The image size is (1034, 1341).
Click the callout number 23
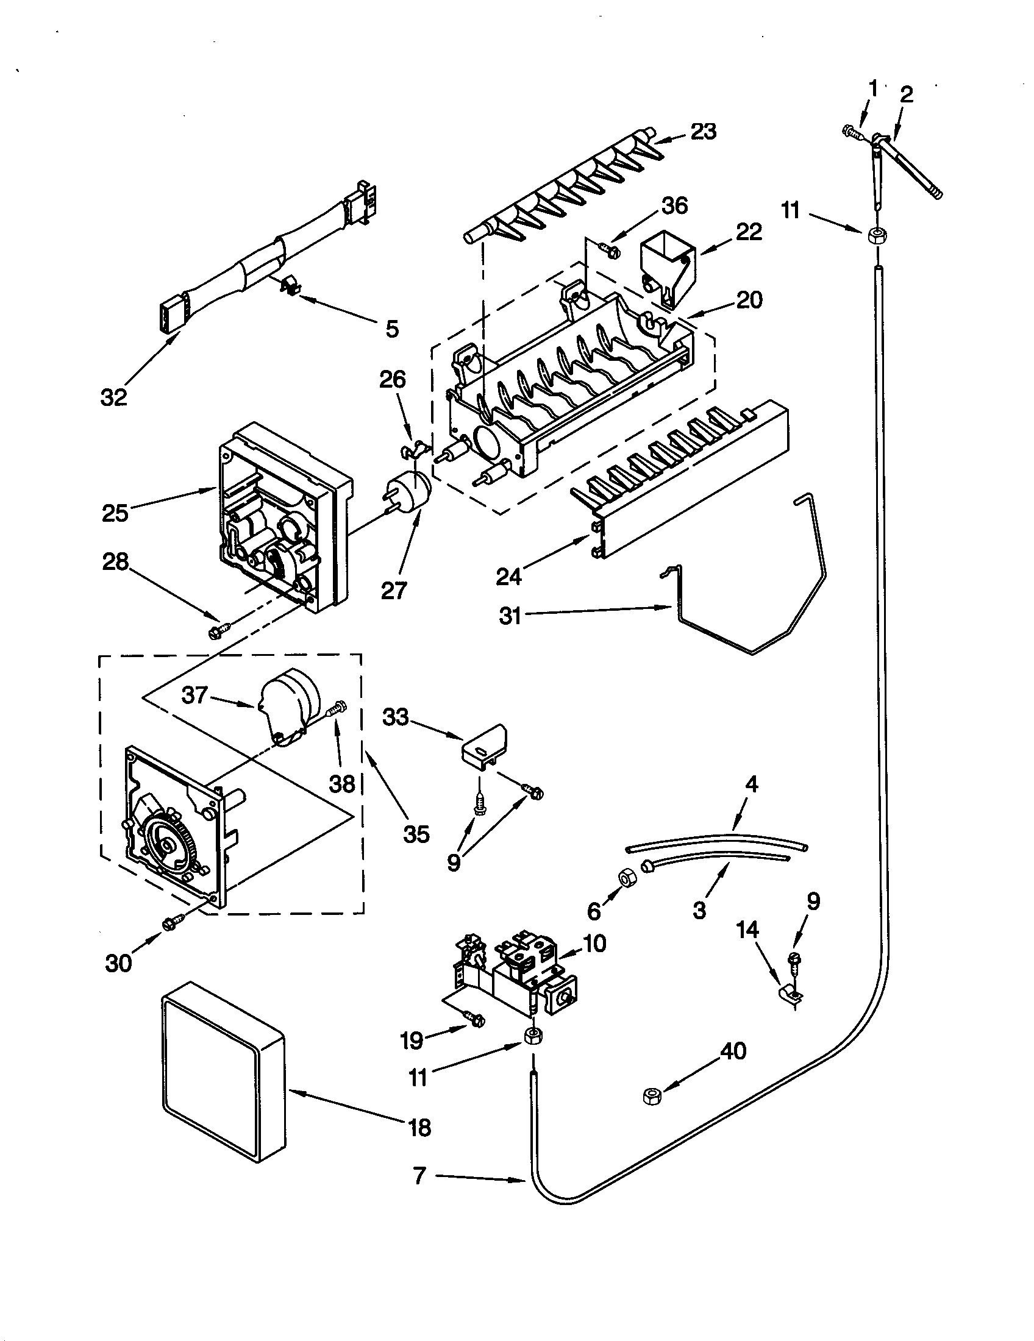[x=703, y=132]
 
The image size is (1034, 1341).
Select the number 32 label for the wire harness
[x=114, y=397]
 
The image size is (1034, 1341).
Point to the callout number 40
[x=733, y=1051]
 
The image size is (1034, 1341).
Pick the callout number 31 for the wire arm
[x=510, y=614]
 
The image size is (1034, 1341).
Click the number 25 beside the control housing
[x=115, y=513]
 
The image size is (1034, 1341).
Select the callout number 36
[x=674, y=205]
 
